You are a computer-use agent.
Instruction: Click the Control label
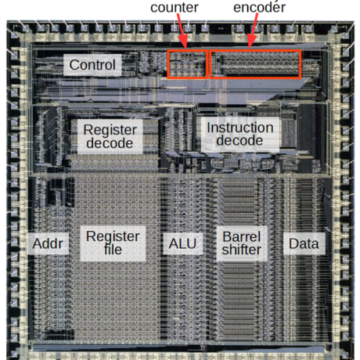(92, 64)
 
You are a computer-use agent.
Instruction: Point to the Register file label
(112, 243)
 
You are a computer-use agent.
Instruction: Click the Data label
(304, 243)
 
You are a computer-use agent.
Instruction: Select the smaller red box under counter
(188, 64)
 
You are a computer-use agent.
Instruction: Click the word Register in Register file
(112, 236)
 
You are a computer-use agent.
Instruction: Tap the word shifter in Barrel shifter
(241, 250)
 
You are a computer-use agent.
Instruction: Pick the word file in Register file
(112, 251)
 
